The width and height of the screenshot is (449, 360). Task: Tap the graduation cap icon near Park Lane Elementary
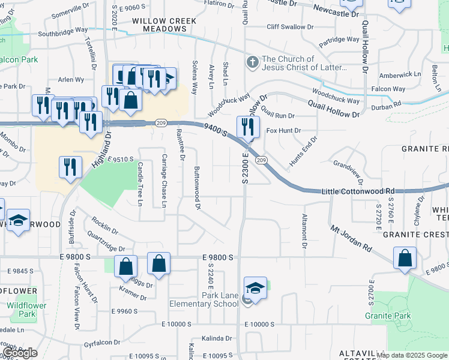pos(255,288)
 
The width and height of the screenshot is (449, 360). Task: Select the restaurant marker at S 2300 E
pos(248,127)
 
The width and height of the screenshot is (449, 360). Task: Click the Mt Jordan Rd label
pos(351,237)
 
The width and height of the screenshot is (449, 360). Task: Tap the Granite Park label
pos(387,316)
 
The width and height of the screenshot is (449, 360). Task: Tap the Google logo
pos(19,353)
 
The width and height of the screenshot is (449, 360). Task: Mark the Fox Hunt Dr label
pos(283,130)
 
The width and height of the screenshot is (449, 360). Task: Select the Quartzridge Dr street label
pos(105,242)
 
